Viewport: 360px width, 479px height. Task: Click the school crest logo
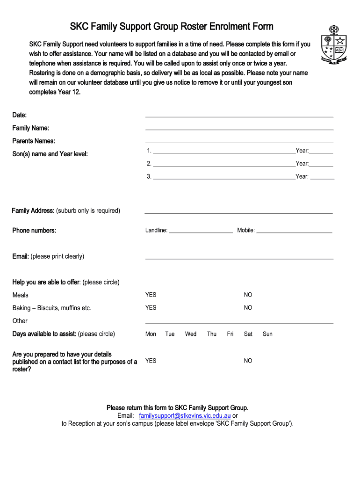333,45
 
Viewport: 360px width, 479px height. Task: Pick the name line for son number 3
224,178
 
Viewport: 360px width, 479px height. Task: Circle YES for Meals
151,295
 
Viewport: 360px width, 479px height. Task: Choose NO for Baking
248,307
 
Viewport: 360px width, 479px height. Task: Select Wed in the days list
191,334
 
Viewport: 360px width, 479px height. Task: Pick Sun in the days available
267,334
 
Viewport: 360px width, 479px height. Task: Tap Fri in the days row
230,334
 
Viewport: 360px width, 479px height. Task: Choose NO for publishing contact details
248,361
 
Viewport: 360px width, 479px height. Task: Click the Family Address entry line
238,212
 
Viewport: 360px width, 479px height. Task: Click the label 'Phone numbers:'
34,231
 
